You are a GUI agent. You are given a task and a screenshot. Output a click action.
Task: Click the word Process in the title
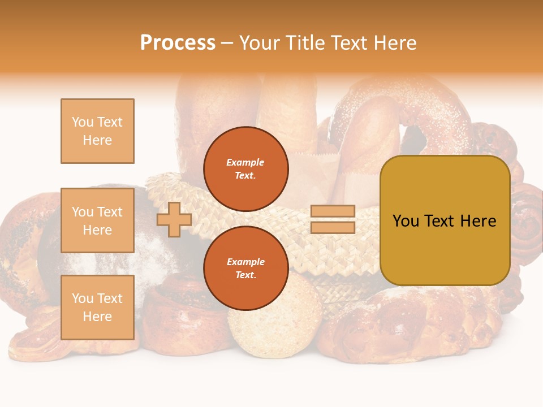[178, 43]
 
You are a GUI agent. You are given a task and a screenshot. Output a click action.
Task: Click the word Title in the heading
[304, 43]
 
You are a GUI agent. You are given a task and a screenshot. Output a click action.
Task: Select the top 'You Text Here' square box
[97, 131]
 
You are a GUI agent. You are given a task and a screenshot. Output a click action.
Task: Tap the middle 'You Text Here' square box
[97, 220]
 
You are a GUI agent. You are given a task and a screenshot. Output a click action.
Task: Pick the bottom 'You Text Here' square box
[97, 307]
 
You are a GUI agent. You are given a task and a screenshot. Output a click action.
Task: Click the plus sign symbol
[174, 220]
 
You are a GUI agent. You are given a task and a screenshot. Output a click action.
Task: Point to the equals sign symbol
[333, 219]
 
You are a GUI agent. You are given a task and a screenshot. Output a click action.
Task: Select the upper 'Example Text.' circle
[246, 169]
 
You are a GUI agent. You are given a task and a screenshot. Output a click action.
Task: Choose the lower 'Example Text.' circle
[246, 269]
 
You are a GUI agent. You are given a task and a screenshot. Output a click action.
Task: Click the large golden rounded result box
[445, 220]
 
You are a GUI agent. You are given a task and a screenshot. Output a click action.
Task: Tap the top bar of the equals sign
[333, 211]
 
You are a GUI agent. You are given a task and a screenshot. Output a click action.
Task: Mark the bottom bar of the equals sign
[333, 228]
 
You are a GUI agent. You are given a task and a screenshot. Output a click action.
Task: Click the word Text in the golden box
[441, 221]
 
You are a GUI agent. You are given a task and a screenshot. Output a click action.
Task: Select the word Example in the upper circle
[245, 162]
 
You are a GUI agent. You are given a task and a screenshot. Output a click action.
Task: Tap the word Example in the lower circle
[245, 262]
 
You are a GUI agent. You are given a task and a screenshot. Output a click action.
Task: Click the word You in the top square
[82, 122]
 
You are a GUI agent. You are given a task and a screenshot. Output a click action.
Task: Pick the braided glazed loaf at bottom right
[407, 322]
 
